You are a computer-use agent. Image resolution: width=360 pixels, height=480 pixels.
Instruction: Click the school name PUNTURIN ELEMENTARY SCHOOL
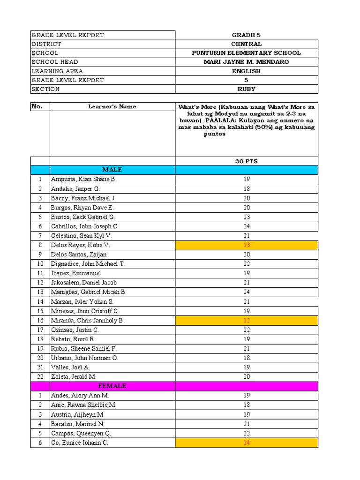246,53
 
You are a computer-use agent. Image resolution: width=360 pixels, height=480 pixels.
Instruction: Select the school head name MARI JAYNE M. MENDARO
246,62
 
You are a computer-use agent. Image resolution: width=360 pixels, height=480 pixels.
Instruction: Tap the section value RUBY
246,89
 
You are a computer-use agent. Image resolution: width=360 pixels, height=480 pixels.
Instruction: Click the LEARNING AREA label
57,71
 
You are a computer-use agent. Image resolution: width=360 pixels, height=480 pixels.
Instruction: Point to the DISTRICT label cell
46,44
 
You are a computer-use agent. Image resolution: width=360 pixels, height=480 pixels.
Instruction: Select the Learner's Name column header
112,106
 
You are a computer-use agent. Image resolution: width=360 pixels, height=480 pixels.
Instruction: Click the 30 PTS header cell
246,161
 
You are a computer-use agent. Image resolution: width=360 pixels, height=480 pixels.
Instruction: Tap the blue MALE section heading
112,170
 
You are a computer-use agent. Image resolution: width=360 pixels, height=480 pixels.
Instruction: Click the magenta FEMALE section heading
112,386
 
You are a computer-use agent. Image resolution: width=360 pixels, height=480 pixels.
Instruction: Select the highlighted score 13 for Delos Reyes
246,245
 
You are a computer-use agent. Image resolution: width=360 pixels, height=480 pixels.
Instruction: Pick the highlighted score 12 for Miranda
246,320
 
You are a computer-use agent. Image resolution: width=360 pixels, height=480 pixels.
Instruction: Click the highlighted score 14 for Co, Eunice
246,442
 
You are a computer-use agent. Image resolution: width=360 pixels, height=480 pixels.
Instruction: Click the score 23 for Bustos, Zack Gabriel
246,217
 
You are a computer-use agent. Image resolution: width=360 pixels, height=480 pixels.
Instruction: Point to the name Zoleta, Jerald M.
74,376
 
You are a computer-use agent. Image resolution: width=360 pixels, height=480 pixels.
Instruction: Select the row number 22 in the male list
40,376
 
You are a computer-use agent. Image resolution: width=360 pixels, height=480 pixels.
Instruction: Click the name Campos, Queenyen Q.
82,433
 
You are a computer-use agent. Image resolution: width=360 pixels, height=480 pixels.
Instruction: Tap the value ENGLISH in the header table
246,71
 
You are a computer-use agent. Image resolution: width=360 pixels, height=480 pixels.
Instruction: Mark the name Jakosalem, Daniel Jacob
84,283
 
